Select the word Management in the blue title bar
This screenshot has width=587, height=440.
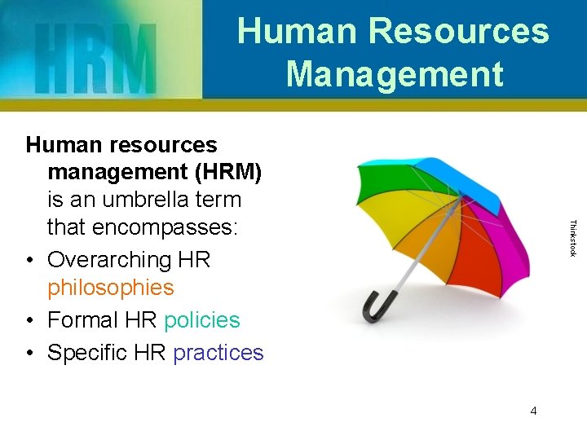point(395,74)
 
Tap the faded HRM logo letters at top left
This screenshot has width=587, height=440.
point(95,58)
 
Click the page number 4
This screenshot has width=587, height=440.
point(533,411)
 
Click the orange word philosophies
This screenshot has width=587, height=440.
point(111,288)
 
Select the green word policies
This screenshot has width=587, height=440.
point(202,320)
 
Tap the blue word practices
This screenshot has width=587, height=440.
point(218,353)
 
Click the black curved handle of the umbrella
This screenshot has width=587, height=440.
point(376,306)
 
